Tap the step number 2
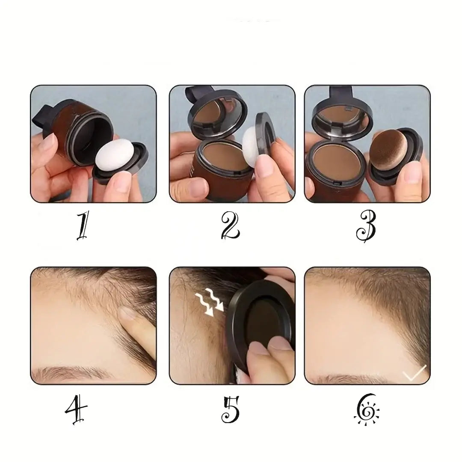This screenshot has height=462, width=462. pyautogui.click(x=231, y=226)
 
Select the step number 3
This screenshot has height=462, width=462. pyautogui.click(x=366, y=227)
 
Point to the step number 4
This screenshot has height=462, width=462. pyautogui.click(x=76, y=409)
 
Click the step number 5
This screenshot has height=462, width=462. pyautogui.click(x=231, y=409)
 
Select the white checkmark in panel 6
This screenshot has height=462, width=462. pyautogui.click(x=414, y=373)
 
